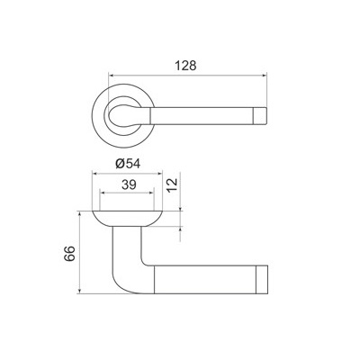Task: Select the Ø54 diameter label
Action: point(127,162)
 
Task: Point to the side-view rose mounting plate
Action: point(127,217)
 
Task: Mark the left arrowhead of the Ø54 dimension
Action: point(94,172)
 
